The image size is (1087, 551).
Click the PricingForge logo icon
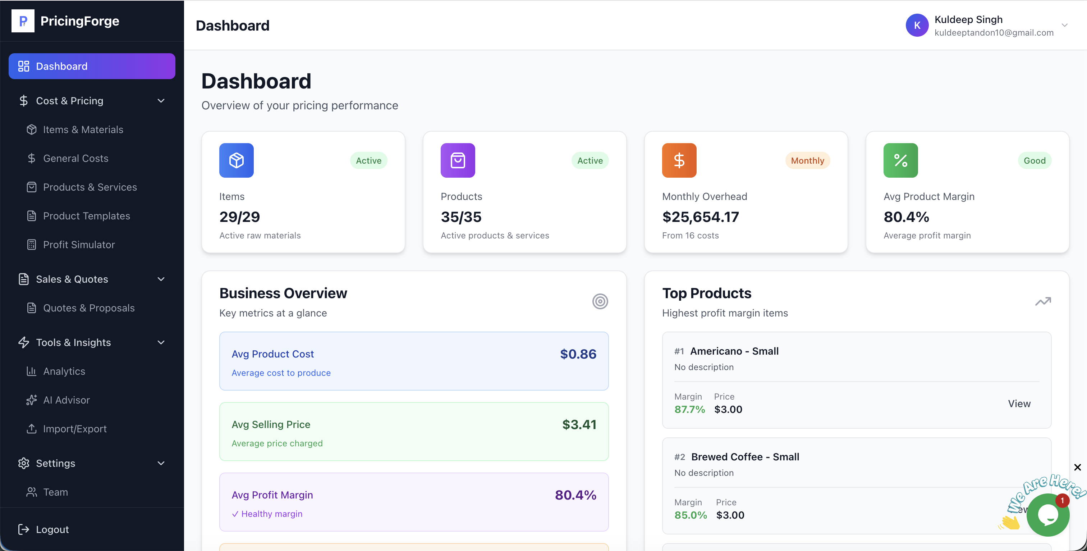click(23, 21)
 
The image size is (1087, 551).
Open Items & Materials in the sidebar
click(83, 129)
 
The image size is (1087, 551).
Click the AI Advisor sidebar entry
click(66, 400)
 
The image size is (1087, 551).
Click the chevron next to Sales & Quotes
click(161, 279)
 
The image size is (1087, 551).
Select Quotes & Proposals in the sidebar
click(89, 308)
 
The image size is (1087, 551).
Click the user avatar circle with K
click(917, 25)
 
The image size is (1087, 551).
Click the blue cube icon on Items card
click(236, 160)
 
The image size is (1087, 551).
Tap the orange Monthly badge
click(807, 160)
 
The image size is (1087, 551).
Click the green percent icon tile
click(900, 160)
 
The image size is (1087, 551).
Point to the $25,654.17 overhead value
click(701, 217)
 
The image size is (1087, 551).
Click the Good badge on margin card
click(1034, 160)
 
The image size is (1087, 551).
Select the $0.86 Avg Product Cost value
click(578, 354)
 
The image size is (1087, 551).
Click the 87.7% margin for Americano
click(689, 409)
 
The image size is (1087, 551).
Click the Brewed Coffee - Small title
click(745, 457)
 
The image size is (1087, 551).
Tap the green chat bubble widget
click(1048, 515)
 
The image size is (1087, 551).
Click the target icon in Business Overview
click(600, 301)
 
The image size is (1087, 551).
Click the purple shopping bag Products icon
click(458, 160)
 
